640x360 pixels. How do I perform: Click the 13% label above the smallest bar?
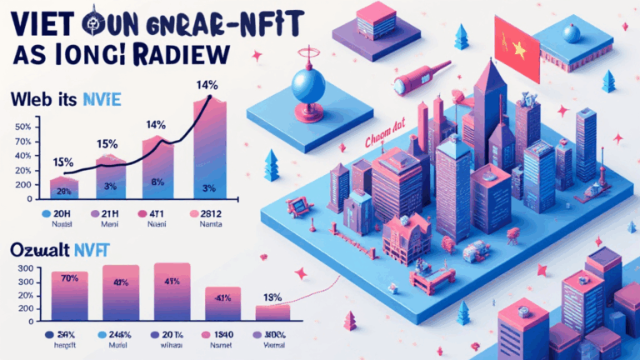pos(272,297)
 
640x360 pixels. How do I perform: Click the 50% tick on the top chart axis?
pos(23,127)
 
